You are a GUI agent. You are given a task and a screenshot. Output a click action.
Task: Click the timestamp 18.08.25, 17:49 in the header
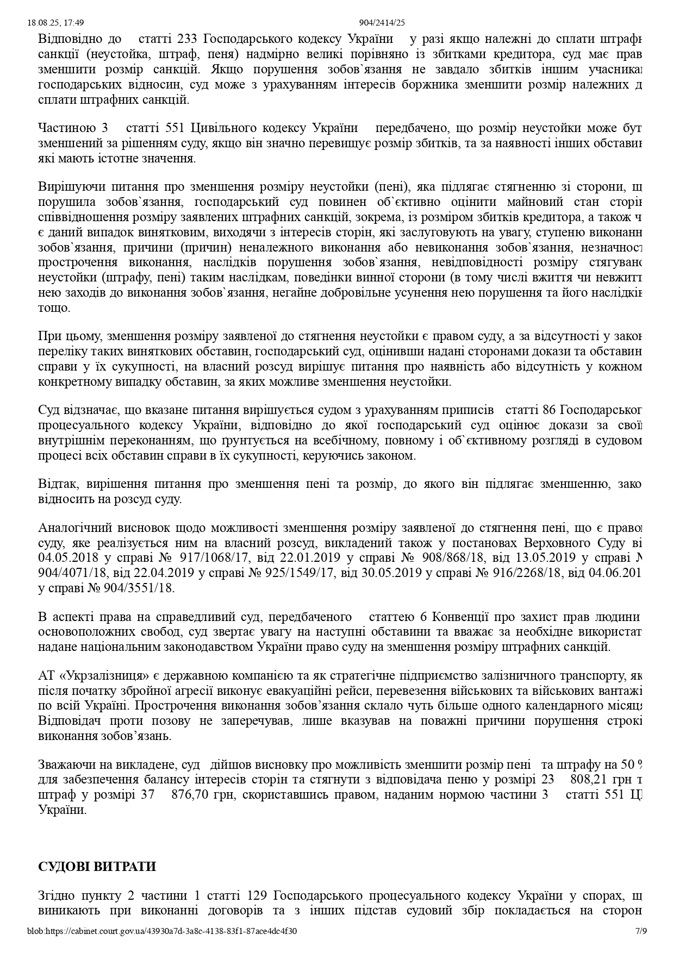pyautogui.click(x=55, y=22)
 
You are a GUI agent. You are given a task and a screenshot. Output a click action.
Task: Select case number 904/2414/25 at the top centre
pyautogui.click(x=382, y=22)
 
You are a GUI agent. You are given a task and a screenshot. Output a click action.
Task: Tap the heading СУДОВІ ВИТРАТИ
pyautogui.click(x=97, y=866)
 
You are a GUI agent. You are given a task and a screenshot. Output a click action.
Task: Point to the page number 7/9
pyautogui.click(x=641, y=931)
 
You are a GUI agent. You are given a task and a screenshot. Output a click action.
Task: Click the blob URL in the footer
pyautogui.click(x=162, y=931)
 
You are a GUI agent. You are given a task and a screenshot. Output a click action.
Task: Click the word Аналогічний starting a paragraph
pyautogui.click(x=73, y=528)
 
